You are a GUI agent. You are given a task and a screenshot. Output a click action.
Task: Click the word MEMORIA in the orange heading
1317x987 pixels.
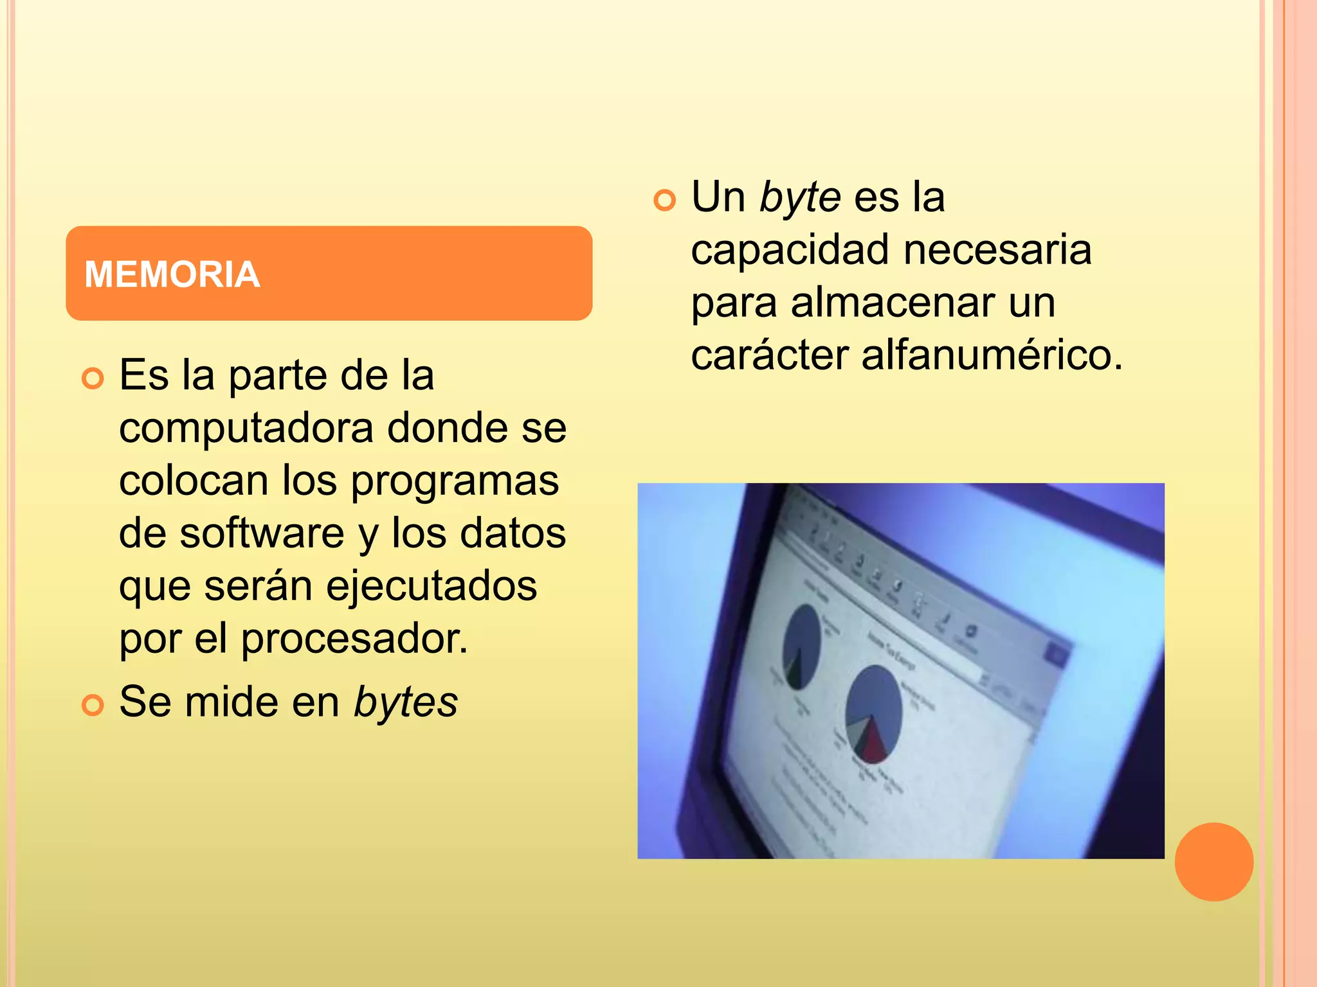pyautogui.click(x=172, y=274)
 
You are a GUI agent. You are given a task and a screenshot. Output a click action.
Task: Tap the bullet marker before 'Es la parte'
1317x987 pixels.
pyautogui.click(x=93, y=378)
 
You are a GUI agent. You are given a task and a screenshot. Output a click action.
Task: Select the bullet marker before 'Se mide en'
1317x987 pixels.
pyautogui.click(x=93, y=705)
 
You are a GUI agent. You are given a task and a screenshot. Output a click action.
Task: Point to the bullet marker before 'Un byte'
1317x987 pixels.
pyautogui.click(x=665, y=200)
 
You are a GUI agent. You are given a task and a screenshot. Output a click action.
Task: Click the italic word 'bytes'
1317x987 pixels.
pyautogui.click(x=406, y=702)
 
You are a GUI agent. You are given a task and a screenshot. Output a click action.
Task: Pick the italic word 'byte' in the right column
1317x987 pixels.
pyautogui.click(x=800, y=197)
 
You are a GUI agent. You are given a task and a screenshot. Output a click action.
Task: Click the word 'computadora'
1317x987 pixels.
pyautogui.click(x=246, y=428)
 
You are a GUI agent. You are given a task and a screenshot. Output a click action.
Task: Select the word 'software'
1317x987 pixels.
pyautogui.click(x=262, y=533)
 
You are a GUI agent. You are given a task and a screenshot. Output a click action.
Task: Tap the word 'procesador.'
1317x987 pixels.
pyautogui.click(x=354, y=639)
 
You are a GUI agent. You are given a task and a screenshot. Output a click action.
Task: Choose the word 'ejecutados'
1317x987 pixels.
pyautogui.click(x=431, y=586)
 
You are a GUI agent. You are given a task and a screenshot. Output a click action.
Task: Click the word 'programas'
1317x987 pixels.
pyautogui.click(x=455, y=481)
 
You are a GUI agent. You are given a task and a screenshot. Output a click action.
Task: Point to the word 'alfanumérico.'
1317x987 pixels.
pyautogui.click(x=992, y=355)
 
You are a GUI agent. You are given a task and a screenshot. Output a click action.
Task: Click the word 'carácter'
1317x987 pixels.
pyautogui.click(x=770, y=355)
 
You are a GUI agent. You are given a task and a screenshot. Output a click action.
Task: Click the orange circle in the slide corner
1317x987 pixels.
pyautogui.click(x=1213, y=862)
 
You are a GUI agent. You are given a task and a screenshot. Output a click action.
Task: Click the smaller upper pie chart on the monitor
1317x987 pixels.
pyautogui.click(x=801, y=646)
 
